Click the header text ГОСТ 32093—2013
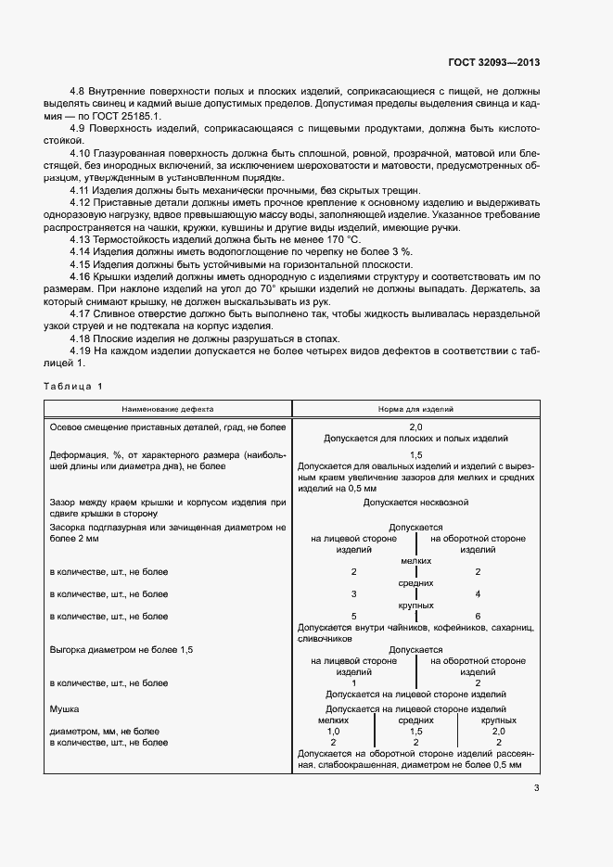click(x=493, y=63)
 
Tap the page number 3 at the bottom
click(x=536, y=789)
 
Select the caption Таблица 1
click(x=75, y=385)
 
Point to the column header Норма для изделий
click(x=415, y=408)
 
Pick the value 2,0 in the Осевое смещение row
click(x=415, y=426)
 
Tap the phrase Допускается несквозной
click(x=415, y=502)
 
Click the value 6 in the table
click(x=477, y=616)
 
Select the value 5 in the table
click(x=353, y=616)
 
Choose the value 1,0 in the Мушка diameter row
click(x=333, y=731)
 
